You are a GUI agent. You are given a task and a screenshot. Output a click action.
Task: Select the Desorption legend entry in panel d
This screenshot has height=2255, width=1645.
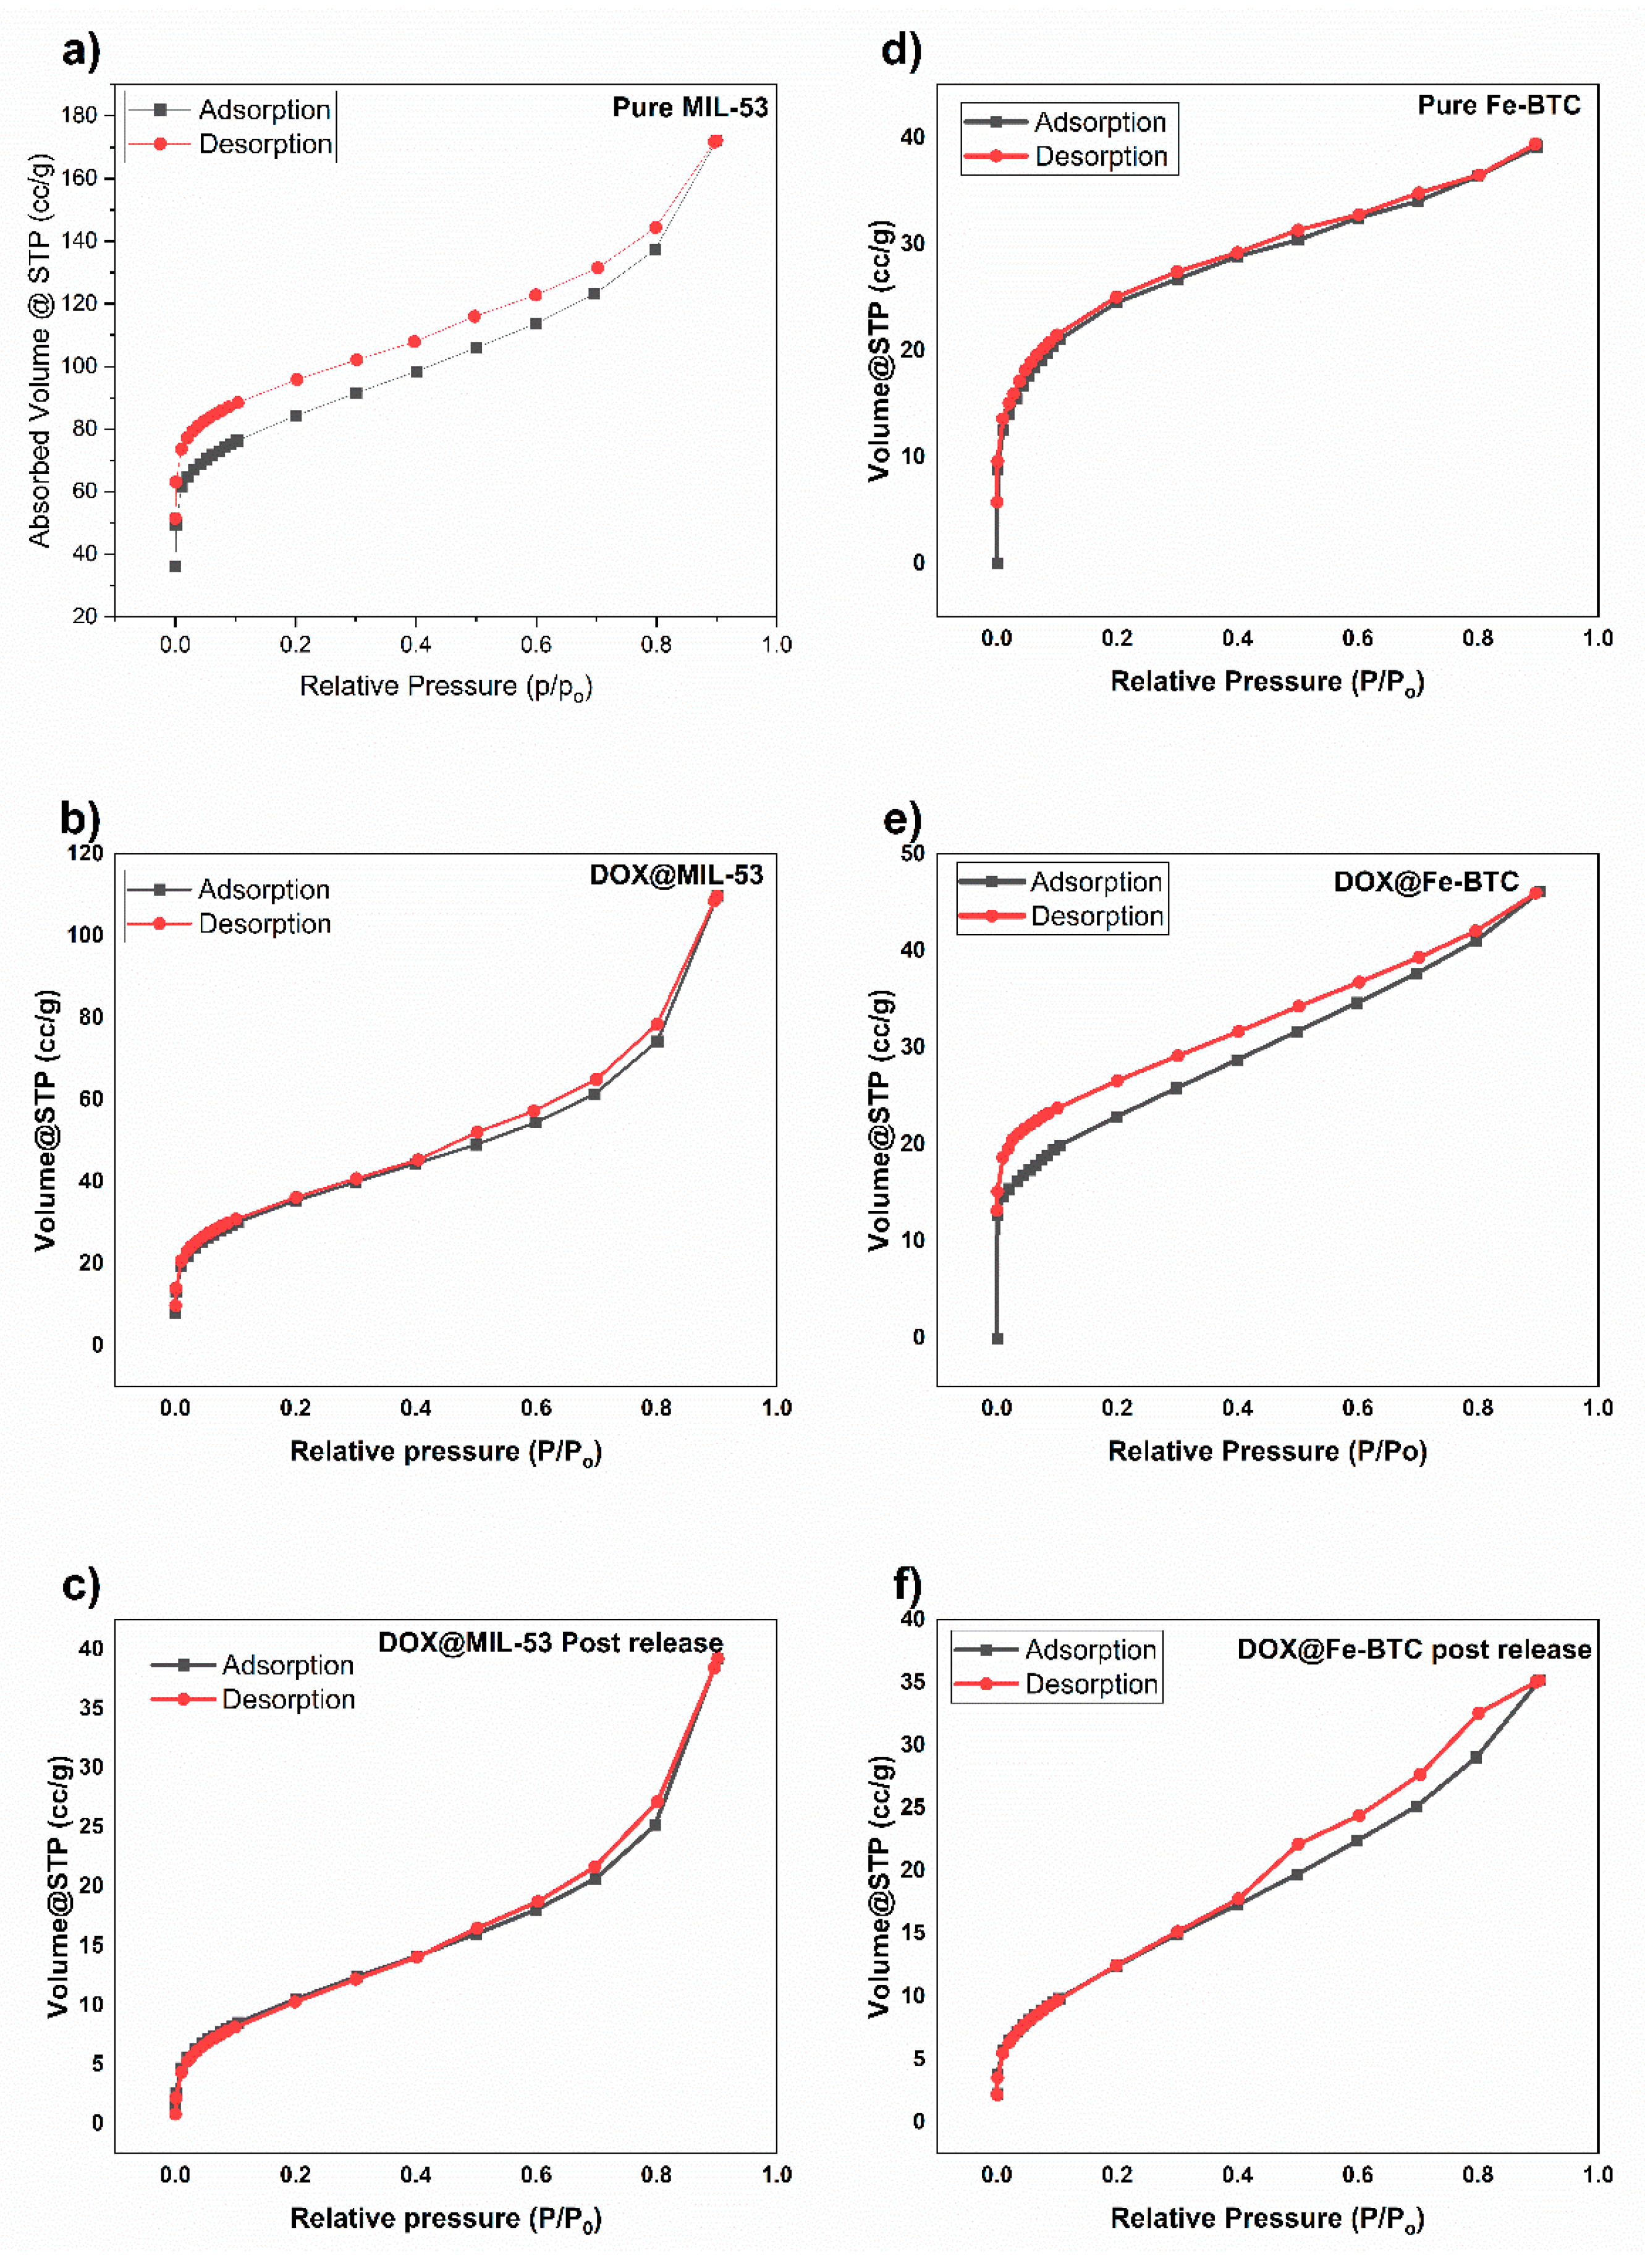(x=1101, y=156)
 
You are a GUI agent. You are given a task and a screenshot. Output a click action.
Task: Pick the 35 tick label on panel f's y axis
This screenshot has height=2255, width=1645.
(x=912, y=1681)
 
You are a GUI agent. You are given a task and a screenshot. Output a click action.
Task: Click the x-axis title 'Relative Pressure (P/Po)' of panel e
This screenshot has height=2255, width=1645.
(x=1267, y=1451)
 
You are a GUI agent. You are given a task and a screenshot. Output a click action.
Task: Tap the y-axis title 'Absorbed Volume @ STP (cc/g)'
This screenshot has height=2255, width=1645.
(x=39, y=350)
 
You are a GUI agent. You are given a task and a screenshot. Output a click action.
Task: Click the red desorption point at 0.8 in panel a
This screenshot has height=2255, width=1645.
(x=655, y=228)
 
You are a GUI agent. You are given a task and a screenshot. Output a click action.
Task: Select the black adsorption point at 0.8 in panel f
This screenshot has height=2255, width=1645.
(x=1476, y=1758)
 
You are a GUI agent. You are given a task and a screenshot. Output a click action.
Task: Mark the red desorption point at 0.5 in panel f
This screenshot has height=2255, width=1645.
(x=1298, y=1845)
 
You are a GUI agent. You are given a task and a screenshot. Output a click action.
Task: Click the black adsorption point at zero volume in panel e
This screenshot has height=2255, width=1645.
(x=997, y=1339)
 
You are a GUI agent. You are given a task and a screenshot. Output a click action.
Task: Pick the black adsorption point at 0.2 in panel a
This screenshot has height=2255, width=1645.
(x=296, y=415)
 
